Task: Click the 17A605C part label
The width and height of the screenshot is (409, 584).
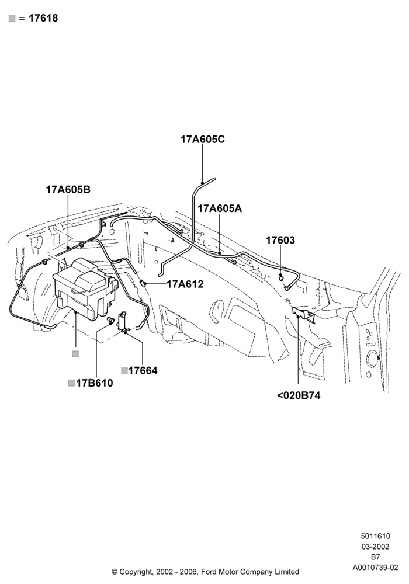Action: [x=203, y=140]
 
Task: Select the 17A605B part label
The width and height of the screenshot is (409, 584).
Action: [x=68, y=190]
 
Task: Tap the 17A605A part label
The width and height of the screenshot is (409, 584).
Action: [x=220, y=208]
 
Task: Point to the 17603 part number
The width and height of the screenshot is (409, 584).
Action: [x=280, y=240]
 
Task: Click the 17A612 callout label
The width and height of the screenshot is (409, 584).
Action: [x=185, y=284]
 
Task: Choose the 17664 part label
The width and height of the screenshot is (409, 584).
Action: [x=143, y=371]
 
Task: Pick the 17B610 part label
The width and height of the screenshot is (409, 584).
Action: [x=94, y=383]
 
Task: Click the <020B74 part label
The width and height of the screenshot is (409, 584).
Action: [x=299, y=395]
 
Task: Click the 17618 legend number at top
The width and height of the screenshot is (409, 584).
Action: [x=43, y=18]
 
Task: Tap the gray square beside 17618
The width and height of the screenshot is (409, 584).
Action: [x=12, y=19]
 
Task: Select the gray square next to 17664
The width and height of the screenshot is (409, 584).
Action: [x=124, y=371]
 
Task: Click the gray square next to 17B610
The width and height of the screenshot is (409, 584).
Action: [x=71, y=383]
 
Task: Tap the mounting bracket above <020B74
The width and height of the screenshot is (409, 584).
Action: [x=304, y=314]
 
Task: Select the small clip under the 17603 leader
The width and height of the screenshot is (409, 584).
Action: [x=280, y=277]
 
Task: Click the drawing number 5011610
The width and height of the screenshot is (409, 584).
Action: [x=376, y=536]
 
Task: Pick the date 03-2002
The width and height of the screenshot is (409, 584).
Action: [x=376, y=547]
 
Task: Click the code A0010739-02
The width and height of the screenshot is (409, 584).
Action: [x=376, y=568]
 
